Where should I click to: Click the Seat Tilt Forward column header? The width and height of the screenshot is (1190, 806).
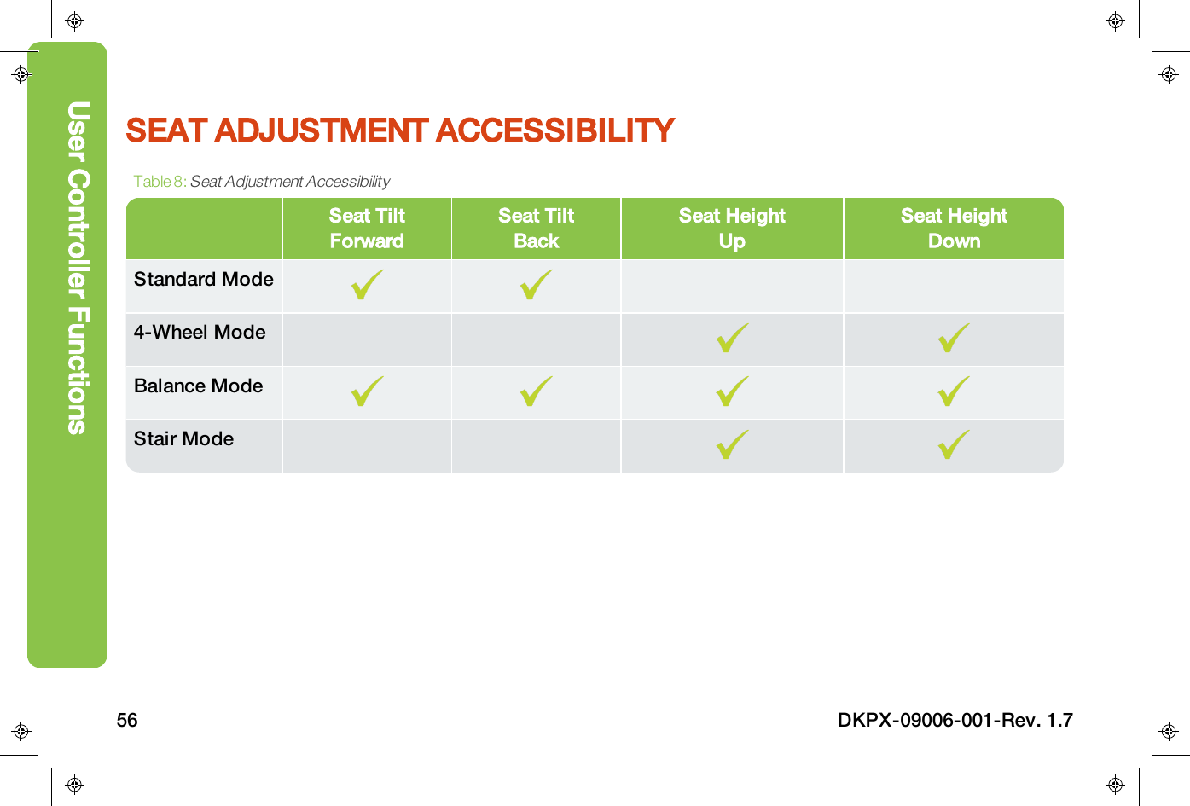367,229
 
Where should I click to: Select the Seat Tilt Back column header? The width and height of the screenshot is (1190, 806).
536,229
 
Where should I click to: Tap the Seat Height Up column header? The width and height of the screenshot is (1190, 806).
732,229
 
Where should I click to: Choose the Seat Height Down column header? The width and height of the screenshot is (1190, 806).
954,229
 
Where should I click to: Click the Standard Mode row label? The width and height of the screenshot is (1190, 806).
203,280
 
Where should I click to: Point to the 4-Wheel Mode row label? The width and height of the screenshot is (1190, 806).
200,333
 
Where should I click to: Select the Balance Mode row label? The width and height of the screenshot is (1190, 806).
198,386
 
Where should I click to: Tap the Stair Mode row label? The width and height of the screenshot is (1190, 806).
183,439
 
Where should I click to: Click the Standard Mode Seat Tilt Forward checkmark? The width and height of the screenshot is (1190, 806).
367,286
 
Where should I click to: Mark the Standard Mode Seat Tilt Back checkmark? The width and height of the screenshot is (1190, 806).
536,286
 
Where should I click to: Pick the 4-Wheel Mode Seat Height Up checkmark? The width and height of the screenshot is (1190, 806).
732,339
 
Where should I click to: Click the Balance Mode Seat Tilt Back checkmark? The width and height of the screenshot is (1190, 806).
536,392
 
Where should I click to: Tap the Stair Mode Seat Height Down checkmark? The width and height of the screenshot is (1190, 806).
954,445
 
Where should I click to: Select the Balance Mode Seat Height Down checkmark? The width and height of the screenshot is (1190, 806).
954,392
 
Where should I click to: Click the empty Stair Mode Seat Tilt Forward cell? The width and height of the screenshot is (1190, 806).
367,446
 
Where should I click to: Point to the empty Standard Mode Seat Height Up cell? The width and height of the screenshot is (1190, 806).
732,286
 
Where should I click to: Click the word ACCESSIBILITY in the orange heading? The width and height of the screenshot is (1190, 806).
555,130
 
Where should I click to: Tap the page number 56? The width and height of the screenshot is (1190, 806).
127,721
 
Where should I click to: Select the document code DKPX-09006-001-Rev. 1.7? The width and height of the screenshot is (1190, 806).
955,721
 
